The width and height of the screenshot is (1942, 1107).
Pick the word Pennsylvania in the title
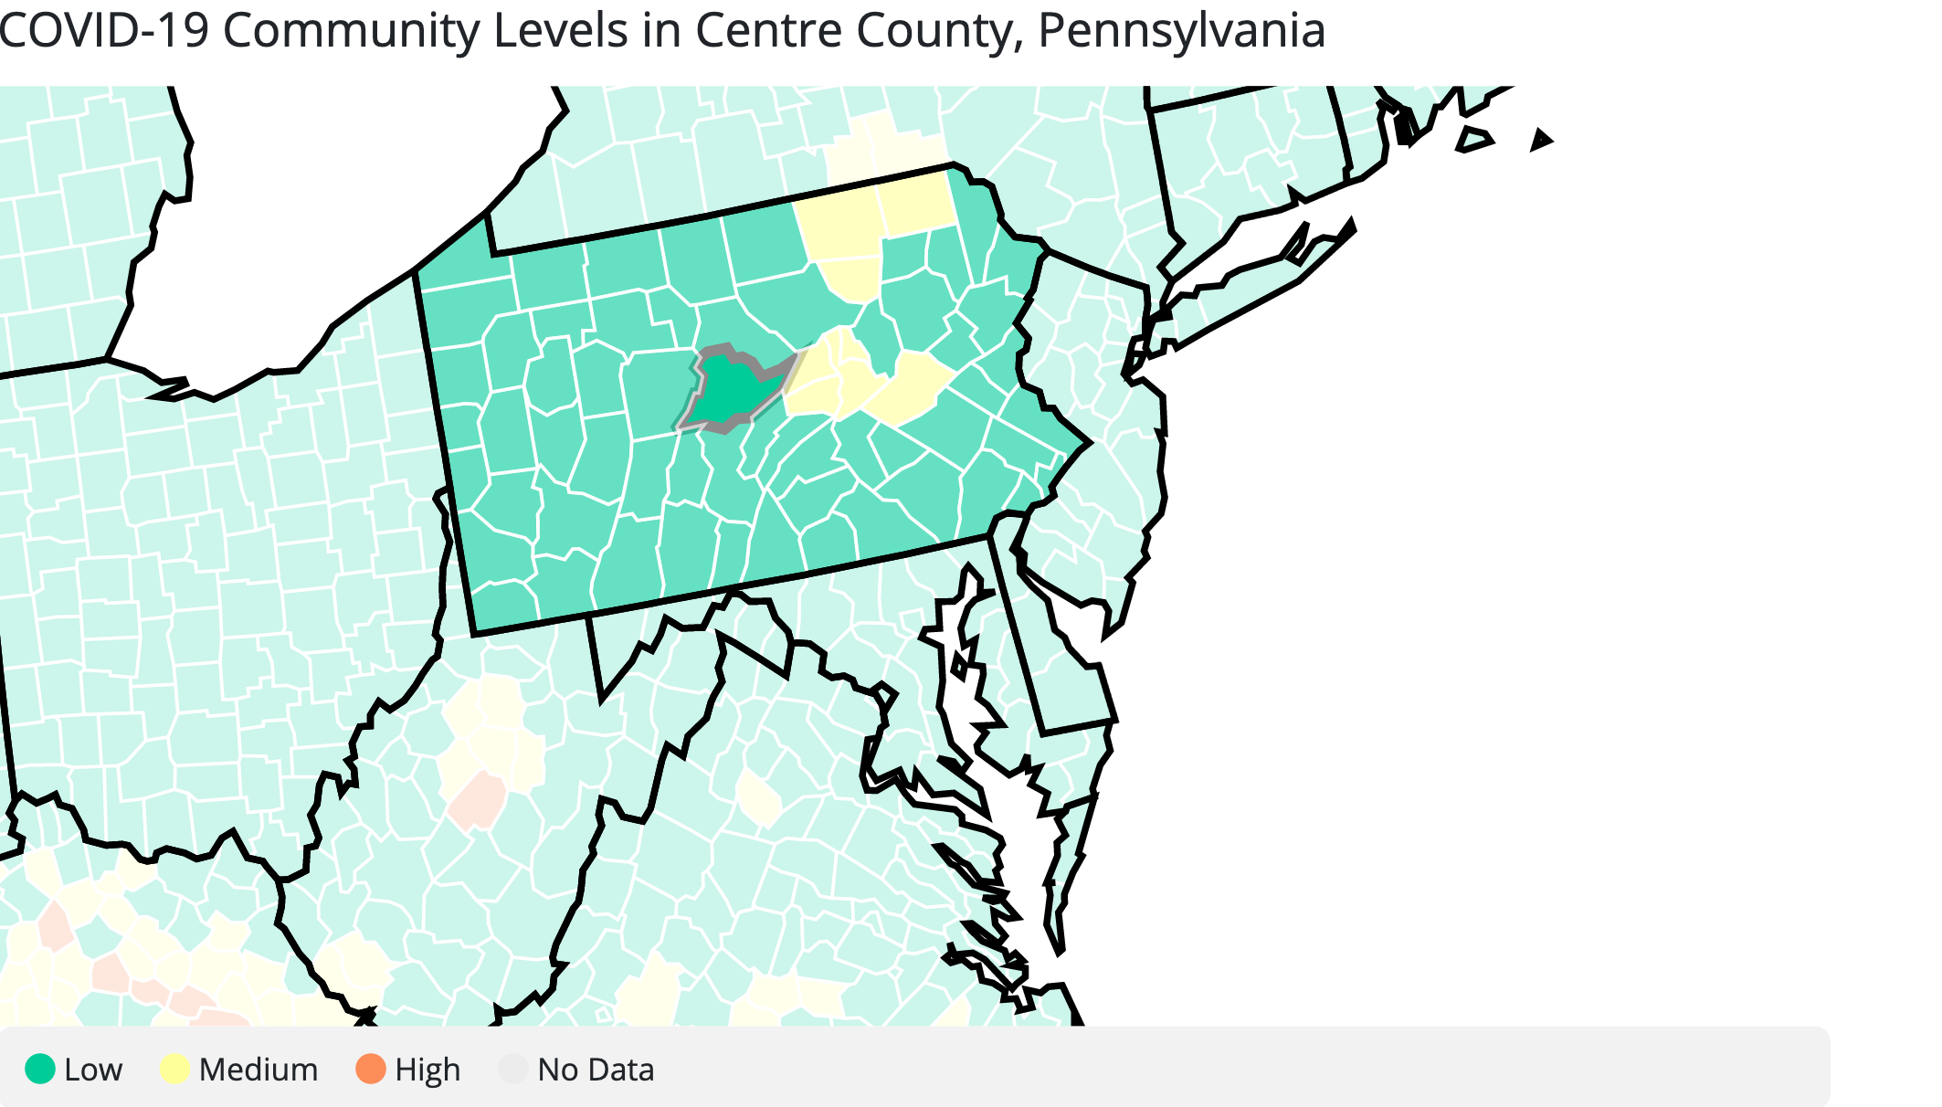click(x=1181, y=32)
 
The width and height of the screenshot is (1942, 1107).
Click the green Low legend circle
click(x=40, y=1069)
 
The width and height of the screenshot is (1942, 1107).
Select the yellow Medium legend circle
click(x=174, y=1069)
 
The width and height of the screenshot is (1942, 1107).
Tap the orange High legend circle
click(x=371, y=1069)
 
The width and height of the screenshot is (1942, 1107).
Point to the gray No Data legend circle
click(x=513, y=1069)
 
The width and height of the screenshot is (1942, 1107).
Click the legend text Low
click(x=93, y=1070)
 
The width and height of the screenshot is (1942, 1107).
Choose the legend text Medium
click(x=259, y=1070)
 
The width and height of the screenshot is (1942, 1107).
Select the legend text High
click(x=427, y=1070)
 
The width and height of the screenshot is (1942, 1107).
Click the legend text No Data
click(x=596, y=1070)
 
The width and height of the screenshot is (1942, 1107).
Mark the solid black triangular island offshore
click(x=1541, y=141)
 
